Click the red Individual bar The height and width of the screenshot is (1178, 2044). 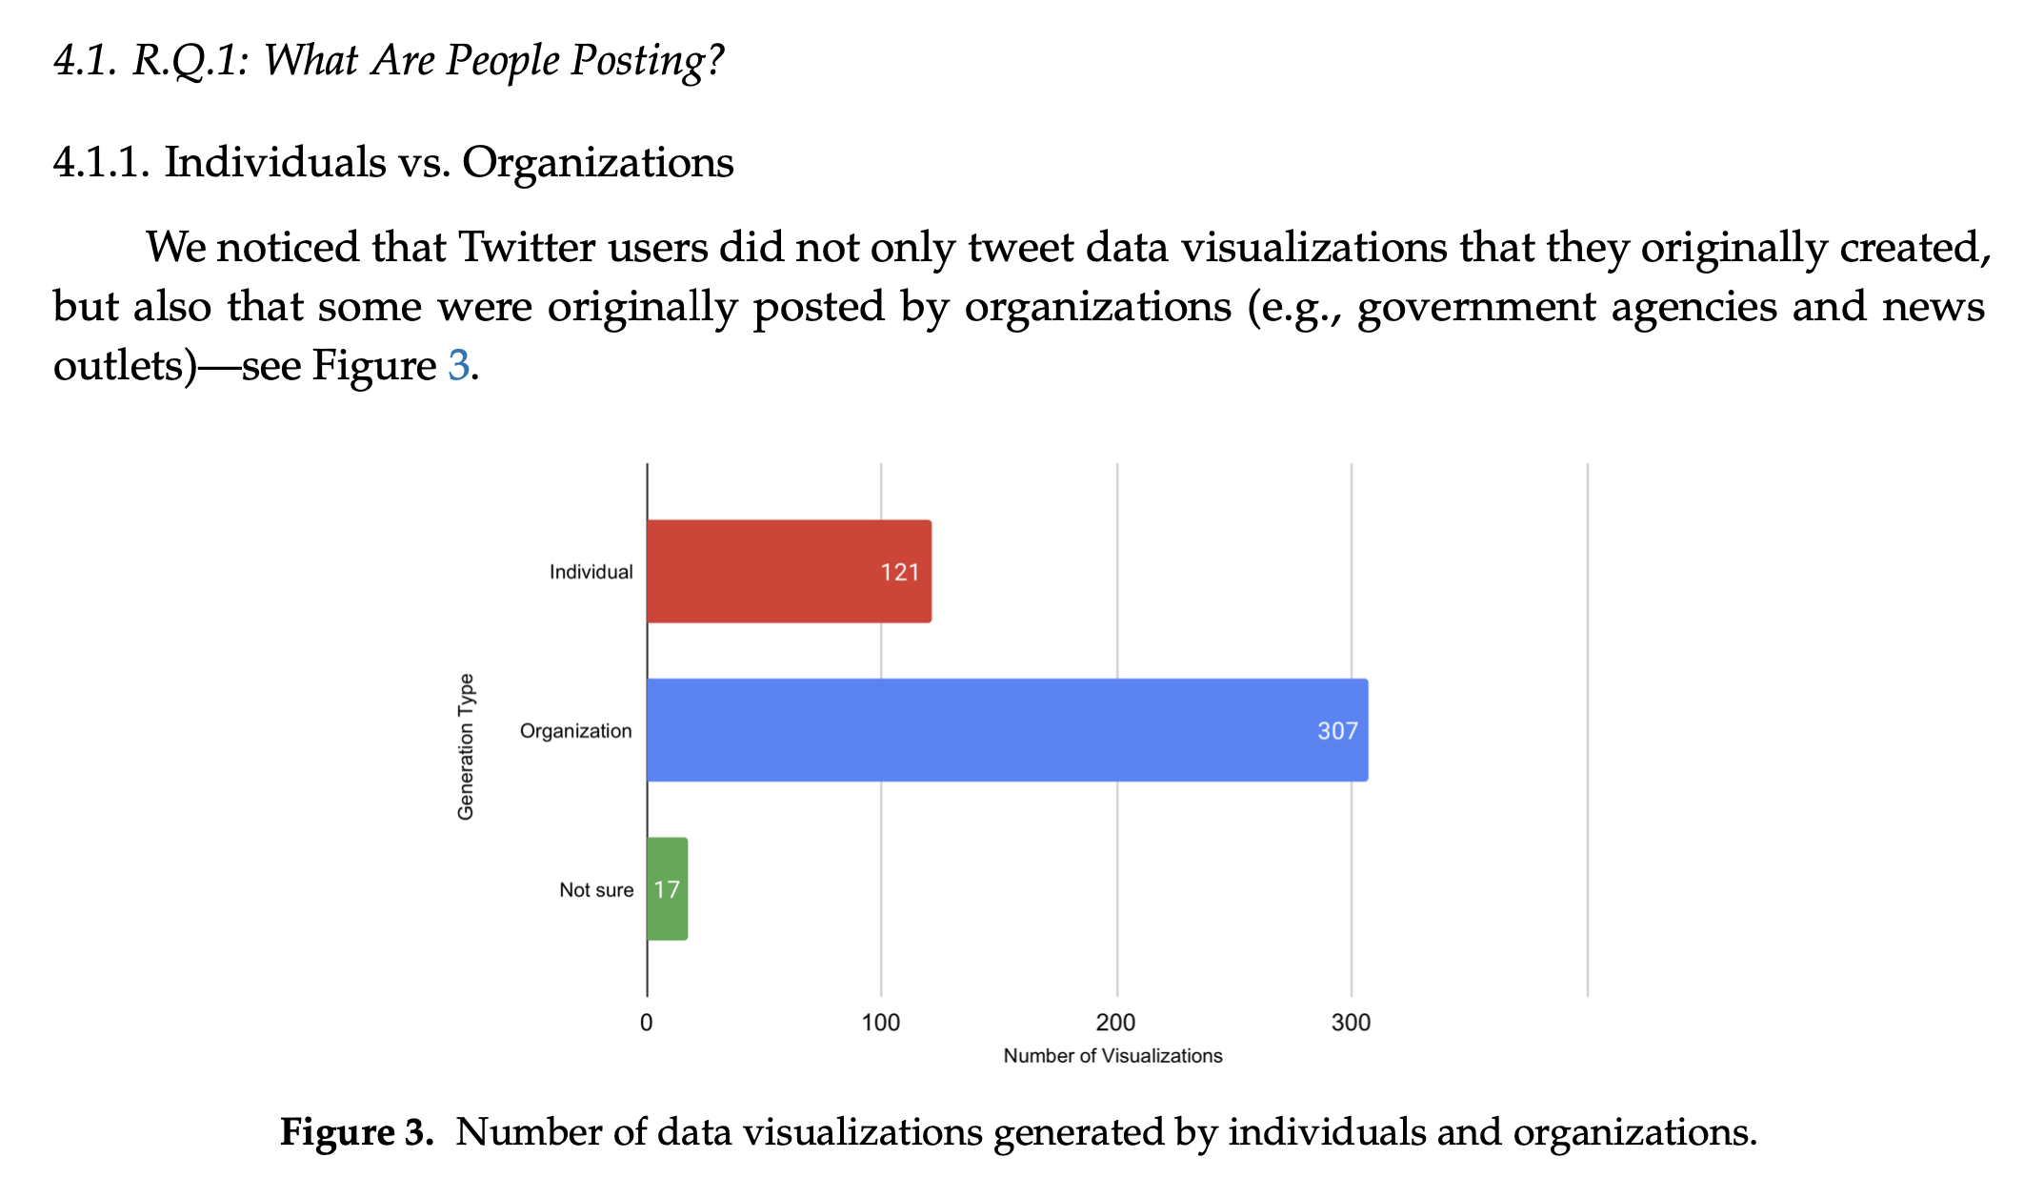789,571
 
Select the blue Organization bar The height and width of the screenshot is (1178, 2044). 1007,730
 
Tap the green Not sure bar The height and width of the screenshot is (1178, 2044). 667,889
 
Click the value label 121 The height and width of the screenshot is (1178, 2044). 899,572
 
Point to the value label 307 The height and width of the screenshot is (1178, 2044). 1337,731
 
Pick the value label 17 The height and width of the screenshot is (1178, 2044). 667,890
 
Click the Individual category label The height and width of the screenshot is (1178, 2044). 591,572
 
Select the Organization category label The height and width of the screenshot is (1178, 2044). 575,731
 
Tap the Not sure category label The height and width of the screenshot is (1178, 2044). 596,890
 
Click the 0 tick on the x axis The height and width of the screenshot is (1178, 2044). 647,1024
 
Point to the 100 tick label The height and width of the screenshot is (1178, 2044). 881,1024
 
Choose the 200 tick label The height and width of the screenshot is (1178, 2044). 1116,1024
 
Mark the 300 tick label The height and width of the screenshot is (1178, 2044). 1351,1024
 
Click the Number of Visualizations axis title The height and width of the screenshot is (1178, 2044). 1112,1056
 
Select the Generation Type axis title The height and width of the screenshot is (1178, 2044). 466,746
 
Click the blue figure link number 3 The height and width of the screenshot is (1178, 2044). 458,366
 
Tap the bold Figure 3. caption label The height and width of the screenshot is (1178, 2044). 356,1132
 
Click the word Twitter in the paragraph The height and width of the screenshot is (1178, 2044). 527,248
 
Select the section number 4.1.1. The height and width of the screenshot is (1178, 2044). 101,162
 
